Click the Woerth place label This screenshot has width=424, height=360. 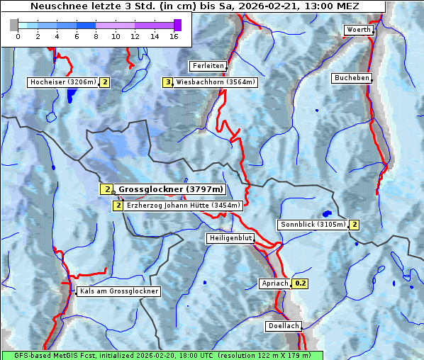357,30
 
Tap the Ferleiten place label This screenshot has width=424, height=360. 208,66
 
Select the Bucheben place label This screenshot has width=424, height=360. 352,78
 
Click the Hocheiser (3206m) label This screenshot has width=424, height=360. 62,82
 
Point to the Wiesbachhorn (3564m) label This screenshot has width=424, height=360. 216,82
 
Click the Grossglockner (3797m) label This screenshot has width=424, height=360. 170,189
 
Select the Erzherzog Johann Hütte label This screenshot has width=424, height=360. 184,206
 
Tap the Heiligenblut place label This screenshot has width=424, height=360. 230,238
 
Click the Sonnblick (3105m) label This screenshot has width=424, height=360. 313,225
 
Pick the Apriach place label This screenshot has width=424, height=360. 275,283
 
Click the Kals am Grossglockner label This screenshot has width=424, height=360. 118,291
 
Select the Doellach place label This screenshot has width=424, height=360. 284,327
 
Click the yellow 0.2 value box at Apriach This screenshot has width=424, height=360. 301,283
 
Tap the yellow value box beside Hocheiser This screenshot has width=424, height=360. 105,82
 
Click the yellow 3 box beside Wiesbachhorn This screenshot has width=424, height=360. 168,82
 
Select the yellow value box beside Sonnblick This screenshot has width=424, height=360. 355,225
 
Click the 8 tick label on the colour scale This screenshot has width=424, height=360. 96,36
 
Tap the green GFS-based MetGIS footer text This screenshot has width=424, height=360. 162,355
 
